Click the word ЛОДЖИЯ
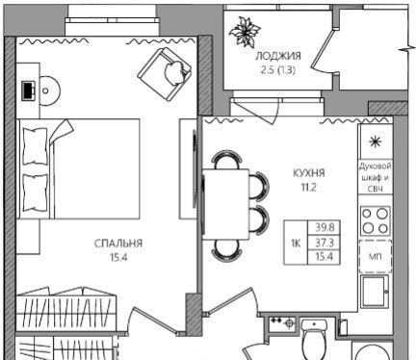click(x=278, y=56)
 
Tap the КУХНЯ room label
click(x=309, y=173)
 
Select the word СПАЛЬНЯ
click(x=118, y=244)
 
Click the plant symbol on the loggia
click(x=244, y=31)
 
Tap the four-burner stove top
click(x=376, y=221)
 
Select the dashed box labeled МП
click(x=376, y=256)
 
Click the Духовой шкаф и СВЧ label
click(x=376, y=177)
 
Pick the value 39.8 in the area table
click(x=325, y=227)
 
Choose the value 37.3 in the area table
click(x=325, y=243)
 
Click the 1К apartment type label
click(x=296, y=244)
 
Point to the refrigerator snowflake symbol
click(x=375, y=141)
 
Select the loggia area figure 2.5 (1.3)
click(x=277, y=70)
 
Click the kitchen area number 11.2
click(x=308, y=187)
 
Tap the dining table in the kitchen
click(x=226, y=204)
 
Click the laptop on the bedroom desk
click(x=29, y=90)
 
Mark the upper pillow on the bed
click(x=35, y=146)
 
